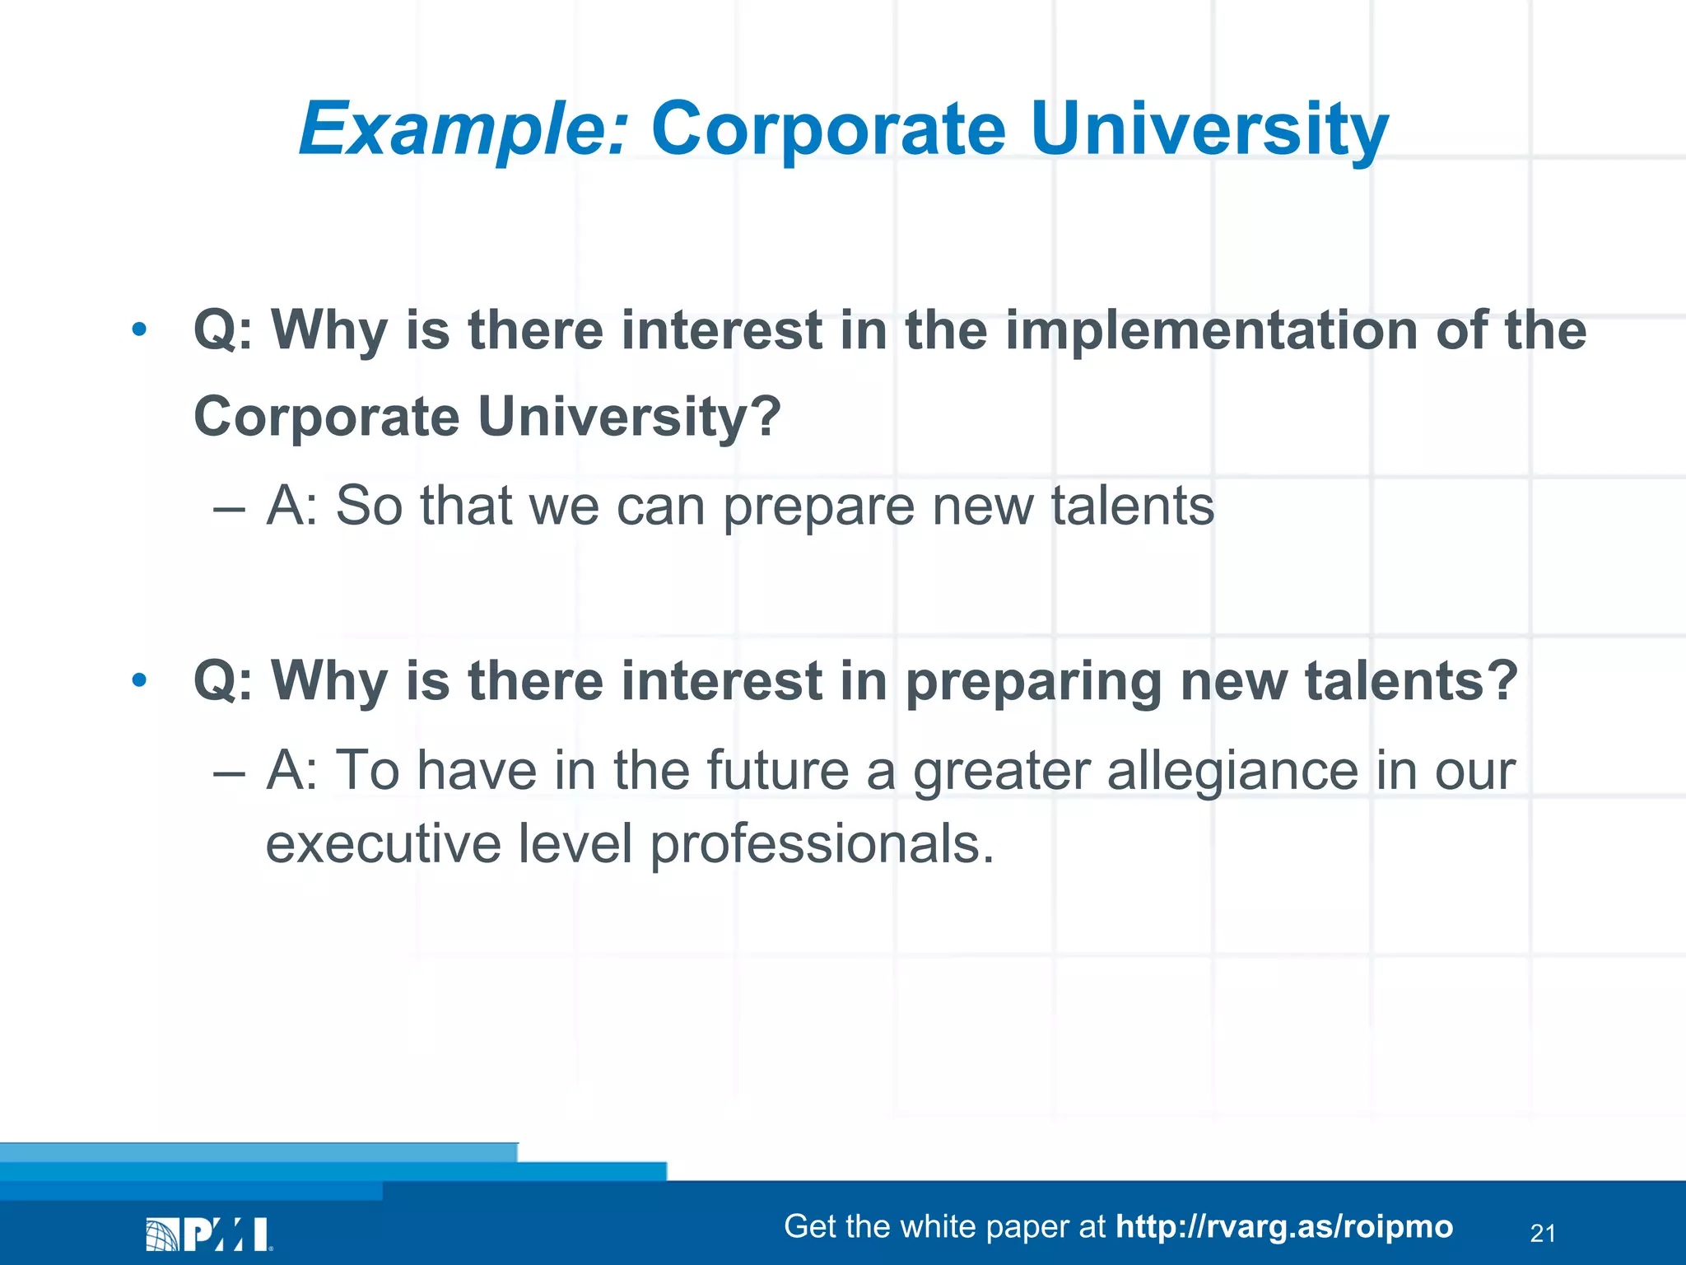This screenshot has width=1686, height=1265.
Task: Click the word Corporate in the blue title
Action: (828, 129)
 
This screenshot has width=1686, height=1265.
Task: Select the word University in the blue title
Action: (1209, 129)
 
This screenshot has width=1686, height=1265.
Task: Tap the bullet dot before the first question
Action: (139, 330)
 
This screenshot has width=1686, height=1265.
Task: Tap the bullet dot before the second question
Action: (139, 680)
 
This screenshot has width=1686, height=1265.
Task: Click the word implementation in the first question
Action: (1210, 330)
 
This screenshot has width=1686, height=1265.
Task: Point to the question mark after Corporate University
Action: (766, 416)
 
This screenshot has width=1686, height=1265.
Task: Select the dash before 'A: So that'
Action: (229, 507)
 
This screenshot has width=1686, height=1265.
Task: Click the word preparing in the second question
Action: (1033, 682)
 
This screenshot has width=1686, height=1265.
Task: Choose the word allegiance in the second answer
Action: (1232, 771)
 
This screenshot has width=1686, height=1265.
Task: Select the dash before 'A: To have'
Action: (229, 773)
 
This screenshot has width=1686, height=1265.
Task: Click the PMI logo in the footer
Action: (209, 1234)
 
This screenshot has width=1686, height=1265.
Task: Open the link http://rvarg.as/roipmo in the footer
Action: (1283, 1226)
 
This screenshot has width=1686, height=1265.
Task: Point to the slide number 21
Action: (1542, 1233)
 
